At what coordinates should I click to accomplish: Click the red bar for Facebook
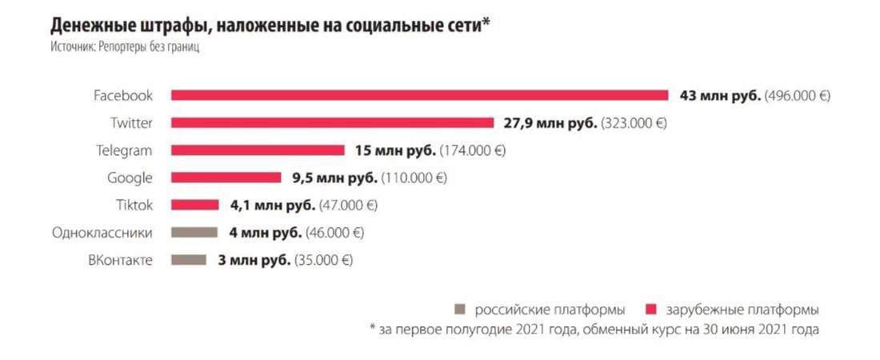pyautogui.click(x=419, y=95)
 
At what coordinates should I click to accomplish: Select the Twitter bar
pyautogui.click(x=332, y=122)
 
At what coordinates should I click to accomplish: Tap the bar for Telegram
pyautogui.click(x=258, y=150)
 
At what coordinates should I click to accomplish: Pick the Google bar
pyautogui.click(x=226, y=178)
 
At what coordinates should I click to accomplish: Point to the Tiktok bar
pyautogui.click(x=194, y=205)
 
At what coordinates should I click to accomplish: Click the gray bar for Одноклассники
pyautogui.click(x=194, y=232)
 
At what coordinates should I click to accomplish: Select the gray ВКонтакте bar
pyautogui.click(x=188, y=259)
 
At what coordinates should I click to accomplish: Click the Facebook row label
pyautogui.click(x=122, y=95)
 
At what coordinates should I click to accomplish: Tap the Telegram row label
pyautogui.click(x=123, y=150)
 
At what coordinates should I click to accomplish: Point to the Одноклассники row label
pyautogui.click(x=102, y=232)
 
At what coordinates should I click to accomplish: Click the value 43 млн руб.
pyautogui.click(x=720, y=95)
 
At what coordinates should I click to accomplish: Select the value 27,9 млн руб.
pyautogui.click(x=550, y=123)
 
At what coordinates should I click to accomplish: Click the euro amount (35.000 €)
pyautogui.click(x=324, y=260)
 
